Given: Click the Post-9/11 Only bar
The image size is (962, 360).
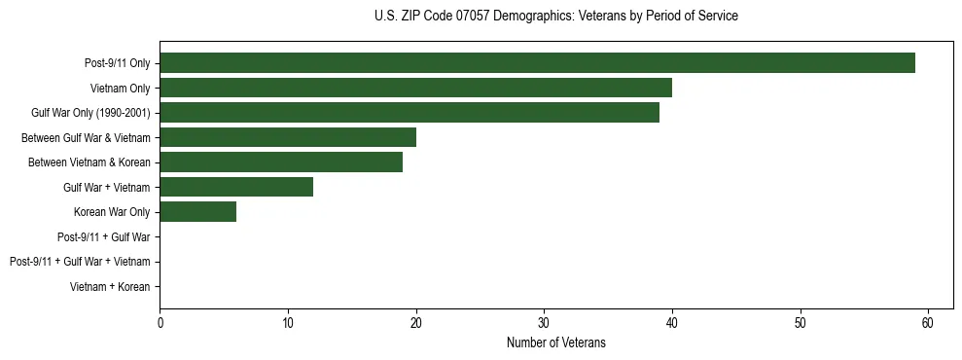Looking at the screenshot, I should (537, 63).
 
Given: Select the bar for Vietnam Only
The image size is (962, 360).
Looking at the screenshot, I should (415, 89).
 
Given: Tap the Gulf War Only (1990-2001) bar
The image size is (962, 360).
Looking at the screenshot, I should (410, 113).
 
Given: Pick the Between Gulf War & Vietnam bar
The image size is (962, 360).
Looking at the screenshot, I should (288, 137).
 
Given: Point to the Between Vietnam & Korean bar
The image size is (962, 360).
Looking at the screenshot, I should (281, 162).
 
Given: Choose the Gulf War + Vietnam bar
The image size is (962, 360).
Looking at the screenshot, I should (236, 187).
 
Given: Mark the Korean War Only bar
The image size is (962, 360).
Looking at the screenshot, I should (197, 212).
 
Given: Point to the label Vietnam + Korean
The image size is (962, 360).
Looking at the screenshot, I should (110, 287).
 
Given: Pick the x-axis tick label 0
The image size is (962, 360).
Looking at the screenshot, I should (160, 323).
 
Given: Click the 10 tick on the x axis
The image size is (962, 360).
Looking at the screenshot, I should (288, 323).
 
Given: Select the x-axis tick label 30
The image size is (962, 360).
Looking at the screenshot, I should (544, 323).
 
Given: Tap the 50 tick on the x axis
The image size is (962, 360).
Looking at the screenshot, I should (800, 323).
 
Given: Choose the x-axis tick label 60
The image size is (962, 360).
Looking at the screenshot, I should (928, 323).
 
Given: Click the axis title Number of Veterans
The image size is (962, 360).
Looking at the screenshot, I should (555, 342).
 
